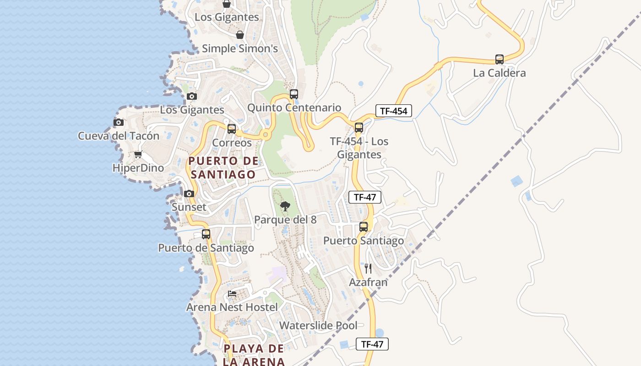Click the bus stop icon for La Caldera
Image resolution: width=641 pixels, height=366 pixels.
click(499, 59)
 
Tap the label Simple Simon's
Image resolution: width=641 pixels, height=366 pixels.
click(239, 48)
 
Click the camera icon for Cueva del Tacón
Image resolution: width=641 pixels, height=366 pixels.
click(119, 122)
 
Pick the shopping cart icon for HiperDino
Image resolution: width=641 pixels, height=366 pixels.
click(138, 155)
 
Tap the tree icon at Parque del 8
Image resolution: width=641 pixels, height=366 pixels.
click(285, 206)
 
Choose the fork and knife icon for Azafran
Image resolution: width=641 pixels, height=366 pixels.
click(368, 269)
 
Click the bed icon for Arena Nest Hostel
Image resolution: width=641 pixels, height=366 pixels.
click(232, 293)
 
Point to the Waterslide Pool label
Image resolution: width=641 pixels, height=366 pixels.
click(318, 326)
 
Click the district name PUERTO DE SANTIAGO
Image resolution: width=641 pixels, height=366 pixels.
click(223, 167)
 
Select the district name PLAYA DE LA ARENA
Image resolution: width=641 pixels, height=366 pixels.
click(254, 355)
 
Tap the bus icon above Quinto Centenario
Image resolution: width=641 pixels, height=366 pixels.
click(294, 94)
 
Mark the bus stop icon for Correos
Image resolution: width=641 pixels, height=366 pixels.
click(232, 129)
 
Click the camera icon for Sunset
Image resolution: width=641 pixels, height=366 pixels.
click(189, 194)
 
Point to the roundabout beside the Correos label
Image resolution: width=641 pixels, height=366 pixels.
click(265, 135)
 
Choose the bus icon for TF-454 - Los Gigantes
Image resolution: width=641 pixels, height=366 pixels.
click(359, 128)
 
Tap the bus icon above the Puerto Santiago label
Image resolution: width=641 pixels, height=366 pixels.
click(364, 227)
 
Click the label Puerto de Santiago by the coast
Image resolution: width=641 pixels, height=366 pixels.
click(206, 248)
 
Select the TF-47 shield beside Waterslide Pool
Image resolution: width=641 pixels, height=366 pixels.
click(372, 344)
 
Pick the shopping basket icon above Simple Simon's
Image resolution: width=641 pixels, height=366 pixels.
click(239, 35)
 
